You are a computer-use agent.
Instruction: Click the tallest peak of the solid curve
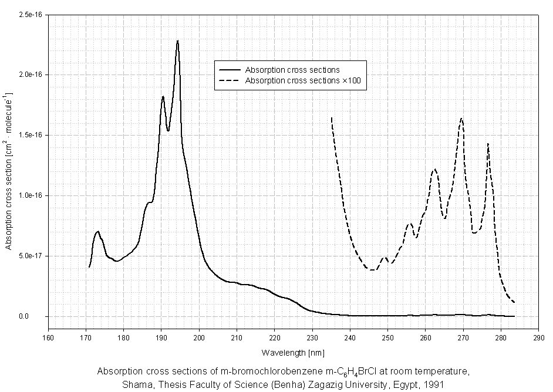point(177,41)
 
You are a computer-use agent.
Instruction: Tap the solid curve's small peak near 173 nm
point(98,232)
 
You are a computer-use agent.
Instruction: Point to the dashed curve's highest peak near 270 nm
point(462,119)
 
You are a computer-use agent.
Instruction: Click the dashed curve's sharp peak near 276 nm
point(487,143)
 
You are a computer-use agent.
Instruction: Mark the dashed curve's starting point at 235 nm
point(332,118)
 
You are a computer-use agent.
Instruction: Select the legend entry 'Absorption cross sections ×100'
point(306,80)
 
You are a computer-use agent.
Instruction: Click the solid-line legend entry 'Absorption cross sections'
point(292,70)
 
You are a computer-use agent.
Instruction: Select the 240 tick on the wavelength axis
point(350,338)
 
